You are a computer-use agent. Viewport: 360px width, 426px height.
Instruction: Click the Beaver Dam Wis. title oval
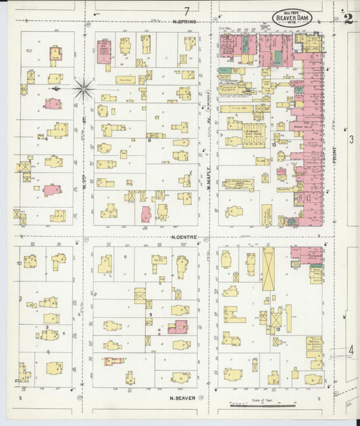pos(292,18)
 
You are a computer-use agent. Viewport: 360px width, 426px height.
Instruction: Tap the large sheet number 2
pos(348,17)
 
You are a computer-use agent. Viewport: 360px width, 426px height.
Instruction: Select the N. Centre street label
pos(183,237)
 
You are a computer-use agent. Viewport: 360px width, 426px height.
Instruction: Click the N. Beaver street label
pos(183,398)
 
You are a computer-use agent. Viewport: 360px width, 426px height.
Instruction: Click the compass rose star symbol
pos(83,88)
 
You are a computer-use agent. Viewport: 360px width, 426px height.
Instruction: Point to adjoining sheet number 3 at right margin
pos(351,140)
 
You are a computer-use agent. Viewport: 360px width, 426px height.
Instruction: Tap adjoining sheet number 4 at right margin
pos(351,350)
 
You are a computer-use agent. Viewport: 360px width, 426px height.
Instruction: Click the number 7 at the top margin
pos(186,10)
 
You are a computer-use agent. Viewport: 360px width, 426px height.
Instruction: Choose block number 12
pos(278,328)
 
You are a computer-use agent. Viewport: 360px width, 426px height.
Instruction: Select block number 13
pos(274,144)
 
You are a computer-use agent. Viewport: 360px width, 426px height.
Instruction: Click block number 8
pos(149,140)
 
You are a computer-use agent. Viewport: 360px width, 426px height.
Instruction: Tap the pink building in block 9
pos(178,327)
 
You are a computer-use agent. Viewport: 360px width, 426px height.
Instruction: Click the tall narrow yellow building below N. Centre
pos(268,268)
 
